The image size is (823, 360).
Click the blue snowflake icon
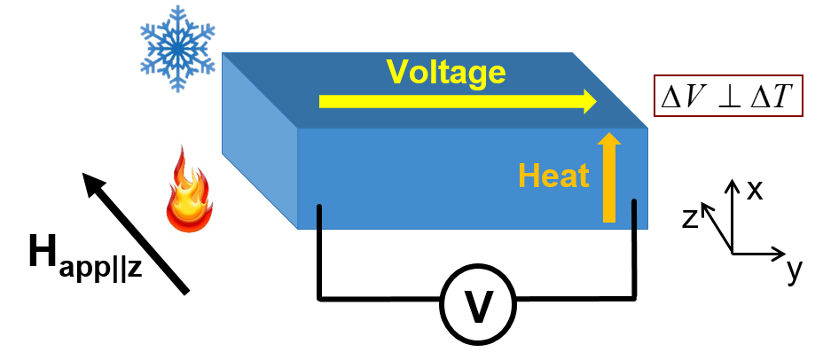[177, 48]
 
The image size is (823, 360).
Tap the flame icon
[189, 191]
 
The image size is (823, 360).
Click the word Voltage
[445, 72]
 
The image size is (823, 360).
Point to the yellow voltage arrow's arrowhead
[590, 101]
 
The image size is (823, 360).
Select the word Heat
[553, 176]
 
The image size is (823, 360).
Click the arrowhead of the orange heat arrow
[609, 140]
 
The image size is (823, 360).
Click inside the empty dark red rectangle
[728, 96]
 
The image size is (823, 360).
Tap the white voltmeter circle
[478, 305]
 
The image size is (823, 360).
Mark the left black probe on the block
[319, 217]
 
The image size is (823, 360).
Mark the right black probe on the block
[634, 215]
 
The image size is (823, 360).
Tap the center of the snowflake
[177, 48]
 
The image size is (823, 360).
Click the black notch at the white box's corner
[134, 229]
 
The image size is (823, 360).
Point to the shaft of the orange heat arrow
[609, 186]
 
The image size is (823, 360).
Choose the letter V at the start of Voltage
[396, 72]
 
